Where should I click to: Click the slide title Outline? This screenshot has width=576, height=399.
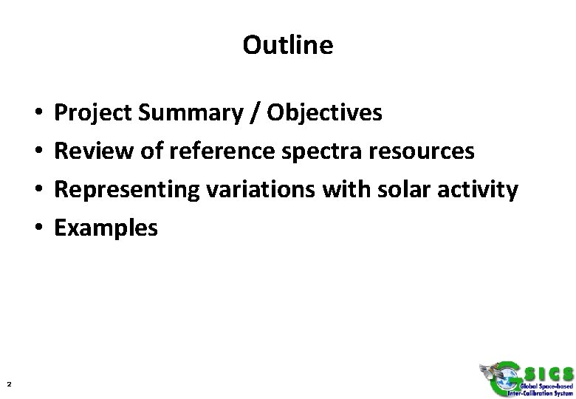(287, 46)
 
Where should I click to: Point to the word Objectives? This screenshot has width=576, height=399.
(325, 113)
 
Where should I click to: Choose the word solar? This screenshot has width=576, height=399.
(397, 190)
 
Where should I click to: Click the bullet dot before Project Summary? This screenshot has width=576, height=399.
(37, 114)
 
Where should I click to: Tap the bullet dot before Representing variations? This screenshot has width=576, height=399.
(37, 191)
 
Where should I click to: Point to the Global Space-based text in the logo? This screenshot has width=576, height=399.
(536, 386)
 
